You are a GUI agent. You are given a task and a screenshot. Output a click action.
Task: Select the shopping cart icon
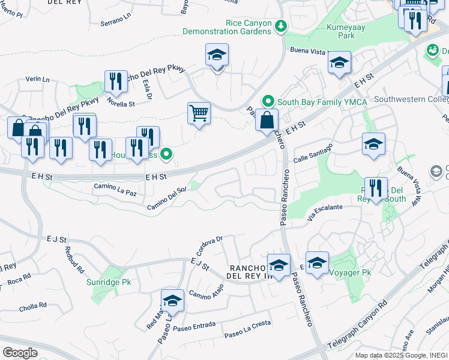199,112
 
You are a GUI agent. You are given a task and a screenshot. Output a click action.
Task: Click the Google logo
20,353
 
